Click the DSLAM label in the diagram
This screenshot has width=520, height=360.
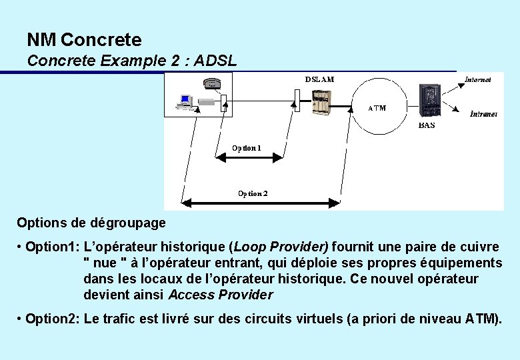pyautogui.click(x=319, y=79)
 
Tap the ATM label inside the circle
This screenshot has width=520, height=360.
pyautogui.click(x=377, y=108)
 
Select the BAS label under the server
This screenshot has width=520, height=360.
pyautogui.click(x=427, y=125)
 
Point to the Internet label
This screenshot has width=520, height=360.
pyautogui.click(x=477, y=79)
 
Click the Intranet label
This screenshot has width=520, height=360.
pyautogui.click(x=483, y=114)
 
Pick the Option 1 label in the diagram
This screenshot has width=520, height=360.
pyautogui.click(x=246, y=147)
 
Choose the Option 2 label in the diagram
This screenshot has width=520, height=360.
pyautogui.click(x=253, y=193)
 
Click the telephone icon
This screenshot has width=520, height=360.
pyautogui.click(x=212, y=83)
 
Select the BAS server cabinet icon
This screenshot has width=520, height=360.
pyautogui.click(x=428, y=101)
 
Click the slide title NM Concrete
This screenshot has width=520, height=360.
pyautogui.click(x=84, y=40)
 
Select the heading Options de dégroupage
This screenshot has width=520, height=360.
pyautogui.click(x=91, y=222)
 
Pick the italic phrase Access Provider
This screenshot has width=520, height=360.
pyautogui.click(x=221, y=295)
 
